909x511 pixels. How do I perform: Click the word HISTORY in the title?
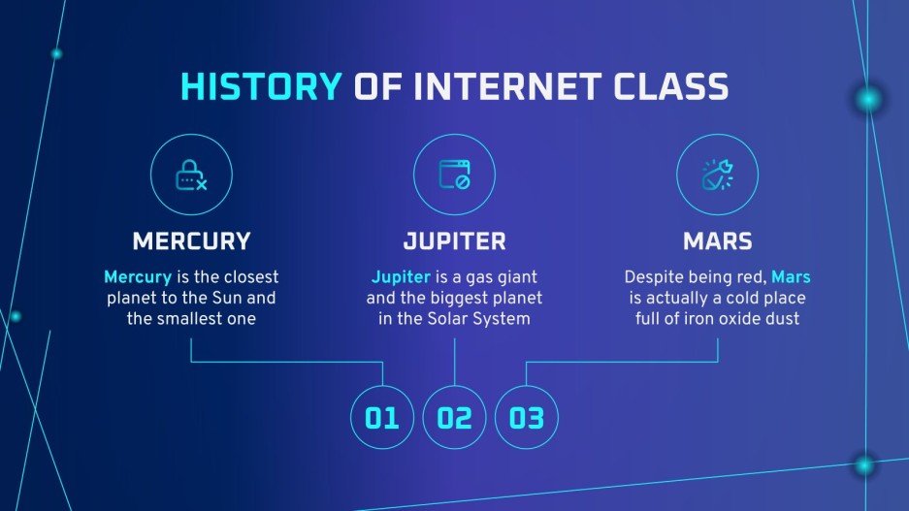[x=261, y=87]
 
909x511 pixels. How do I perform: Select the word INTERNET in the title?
[x=497, y=87]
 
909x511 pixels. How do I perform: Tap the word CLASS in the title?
[x=669, y=87]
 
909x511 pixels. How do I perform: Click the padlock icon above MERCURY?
[x=190, y=176]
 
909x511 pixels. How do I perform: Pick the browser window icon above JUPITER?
[x=454, y=176]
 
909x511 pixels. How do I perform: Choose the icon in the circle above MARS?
[x=717, y=176]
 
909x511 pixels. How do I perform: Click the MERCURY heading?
[x=191, y=240]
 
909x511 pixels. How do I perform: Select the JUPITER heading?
[x=454, y=240]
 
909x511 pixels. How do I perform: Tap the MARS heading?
[x=717, y=240]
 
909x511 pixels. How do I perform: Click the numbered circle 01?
[x=382, y=418]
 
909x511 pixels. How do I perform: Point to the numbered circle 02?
[x=454, y=418]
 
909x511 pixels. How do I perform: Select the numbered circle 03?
[x=527, y=418]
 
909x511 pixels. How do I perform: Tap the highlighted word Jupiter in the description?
[x=401, y=276]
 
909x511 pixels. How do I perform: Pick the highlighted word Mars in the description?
[x=791, y=276]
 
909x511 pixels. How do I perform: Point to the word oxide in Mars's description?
[x=740, y=319]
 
